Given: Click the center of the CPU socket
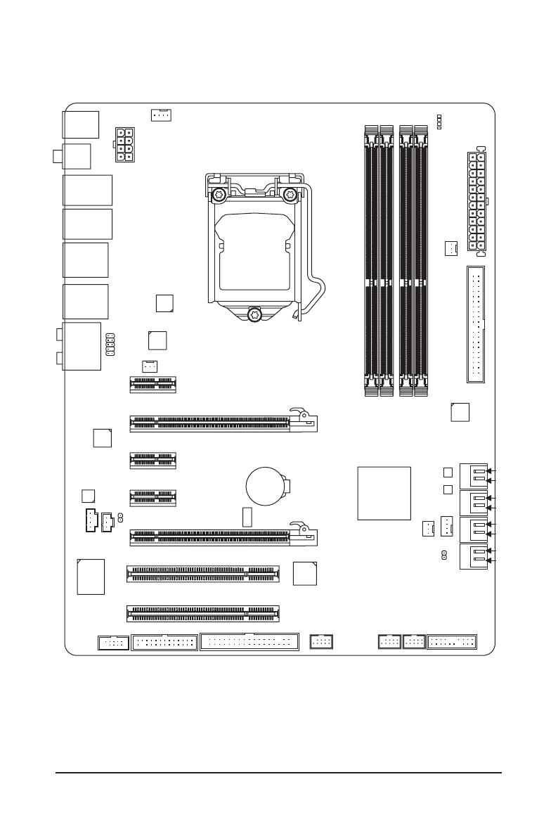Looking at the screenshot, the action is tap(254, 250).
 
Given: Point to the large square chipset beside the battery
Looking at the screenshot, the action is tap(384, 493).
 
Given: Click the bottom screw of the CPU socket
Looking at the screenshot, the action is tap(254, 314).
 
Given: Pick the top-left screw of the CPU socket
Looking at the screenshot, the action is tap(219, 195).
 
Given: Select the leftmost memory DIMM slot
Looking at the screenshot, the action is tap(371, 258).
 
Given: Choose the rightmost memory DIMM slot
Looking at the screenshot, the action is tap(422, 258).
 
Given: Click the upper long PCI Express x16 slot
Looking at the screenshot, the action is tap(222, 423).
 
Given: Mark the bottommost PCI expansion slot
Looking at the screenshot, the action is tap(202, 612).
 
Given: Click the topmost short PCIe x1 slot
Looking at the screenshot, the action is tap(153, 384).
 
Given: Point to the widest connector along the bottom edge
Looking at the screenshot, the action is tap(249, 641).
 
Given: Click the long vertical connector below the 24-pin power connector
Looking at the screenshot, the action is tap(475, 324).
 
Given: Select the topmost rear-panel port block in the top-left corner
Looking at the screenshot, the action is tap(80, 124).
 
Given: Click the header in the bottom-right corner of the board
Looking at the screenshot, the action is tap(452, 641).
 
